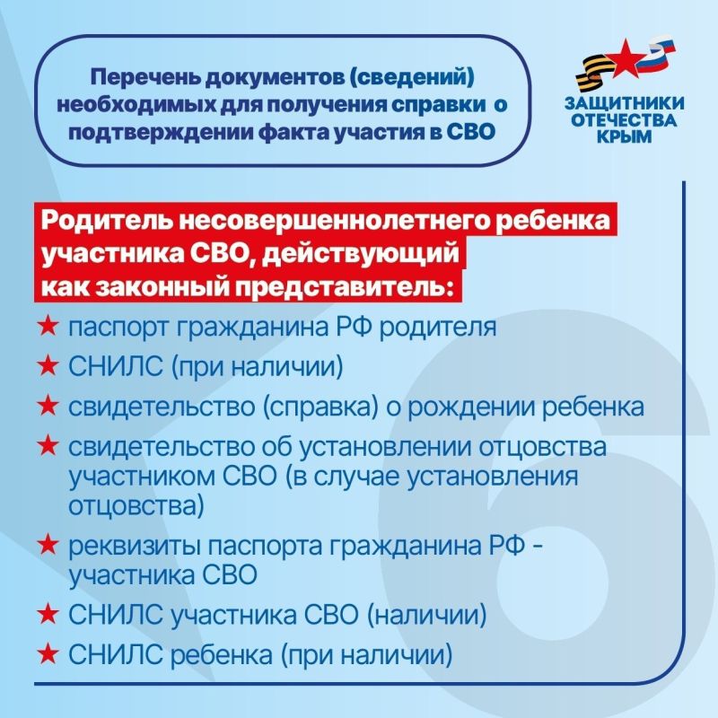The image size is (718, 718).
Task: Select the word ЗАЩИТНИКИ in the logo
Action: point(626,103)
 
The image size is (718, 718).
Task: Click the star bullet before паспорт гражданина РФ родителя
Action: point(48,327)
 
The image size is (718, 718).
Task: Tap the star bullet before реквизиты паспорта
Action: point(48,544)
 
